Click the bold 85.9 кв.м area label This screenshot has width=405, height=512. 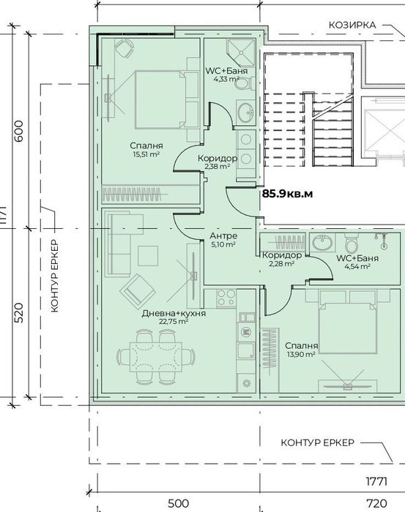[x=287, y=194]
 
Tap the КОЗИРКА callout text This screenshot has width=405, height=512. [x=352, y=25]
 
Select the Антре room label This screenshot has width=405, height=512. [x=223, y=236]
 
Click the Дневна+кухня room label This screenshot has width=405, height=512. [x=174, y=314]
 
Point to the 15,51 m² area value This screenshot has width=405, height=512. [x=146, y=154]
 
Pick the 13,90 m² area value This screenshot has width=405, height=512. [x=301, y=354]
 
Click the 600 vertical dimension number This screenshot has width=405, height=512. [x=19, y=131]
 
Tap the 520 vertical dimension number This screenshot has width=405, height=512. [x=19, y=313]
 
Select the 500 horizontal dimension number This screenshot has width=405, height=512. [x=178, y=503]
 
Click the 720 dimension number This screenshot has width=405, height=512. [x=376, y=503]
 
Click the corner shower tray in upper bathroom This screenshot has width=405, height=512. [x=241, y=52]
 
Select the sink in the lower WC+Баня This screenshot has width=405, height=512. [x=322, y=242]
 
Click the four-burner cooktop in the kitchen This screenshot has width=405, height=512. [x=226, y=298]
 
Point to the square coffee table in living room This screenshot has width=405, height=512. [x=148, y=256]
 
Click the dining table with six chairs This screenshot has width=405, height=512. [x=156, y=357]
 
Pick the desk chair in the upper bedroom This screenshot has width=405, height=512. [x=125, y=48]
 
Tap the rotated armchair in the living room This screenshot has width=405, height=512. [x=137, y=291]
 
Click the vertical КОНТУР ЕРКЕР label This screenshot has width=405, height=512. [x=55, y=276]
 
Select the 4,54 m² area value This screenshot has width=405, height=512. [x=357, y=266]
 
